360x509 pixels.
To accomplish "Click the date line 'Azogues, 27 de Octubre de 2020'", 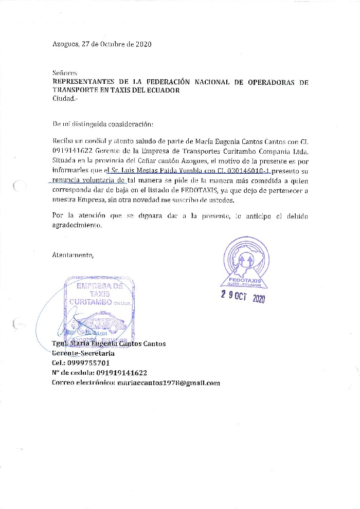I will pos(102,44).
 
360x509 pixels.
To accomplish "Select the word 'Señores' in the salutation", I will pos(64,74).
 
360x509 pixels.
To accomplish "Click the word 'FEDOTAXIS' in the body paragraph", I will pos(200,190).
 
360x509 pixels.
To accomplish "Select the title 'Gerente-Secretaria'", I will pos(83,353).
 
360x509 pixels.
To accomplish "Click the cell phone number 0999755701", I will pos(84,363).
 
